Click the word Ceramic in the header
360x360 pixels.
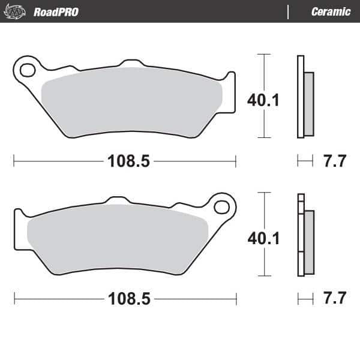click(331, 11)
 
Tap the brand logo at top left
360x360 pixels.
click(16, 11)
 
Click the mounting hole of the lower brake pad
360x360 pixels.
click(221, 208)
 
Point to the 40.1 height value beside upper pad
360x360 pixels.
click(263, 100)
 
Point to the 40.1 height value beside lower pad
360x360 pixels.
click(263, 238)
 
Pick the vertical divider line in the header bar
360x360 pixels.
click(289, 11)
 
